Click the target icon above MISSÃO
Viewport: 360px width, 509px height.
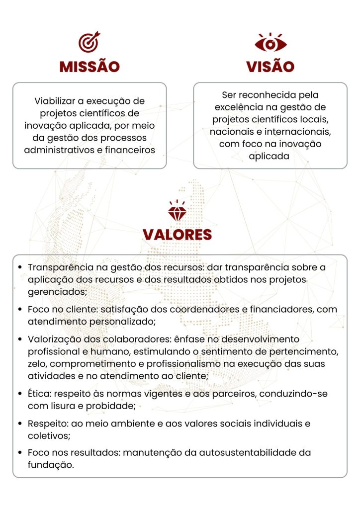(x=90, y=42)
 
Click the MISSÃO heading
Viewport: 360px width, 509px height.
(x=90, y=67)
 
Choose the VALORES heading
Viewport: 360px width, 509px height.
(x=177, y=235)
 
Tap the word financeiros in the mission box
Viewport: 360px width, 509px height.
(x=130, y=150)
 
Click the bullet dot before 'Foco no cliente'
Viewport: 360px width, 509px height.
(x=19, y=309)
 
